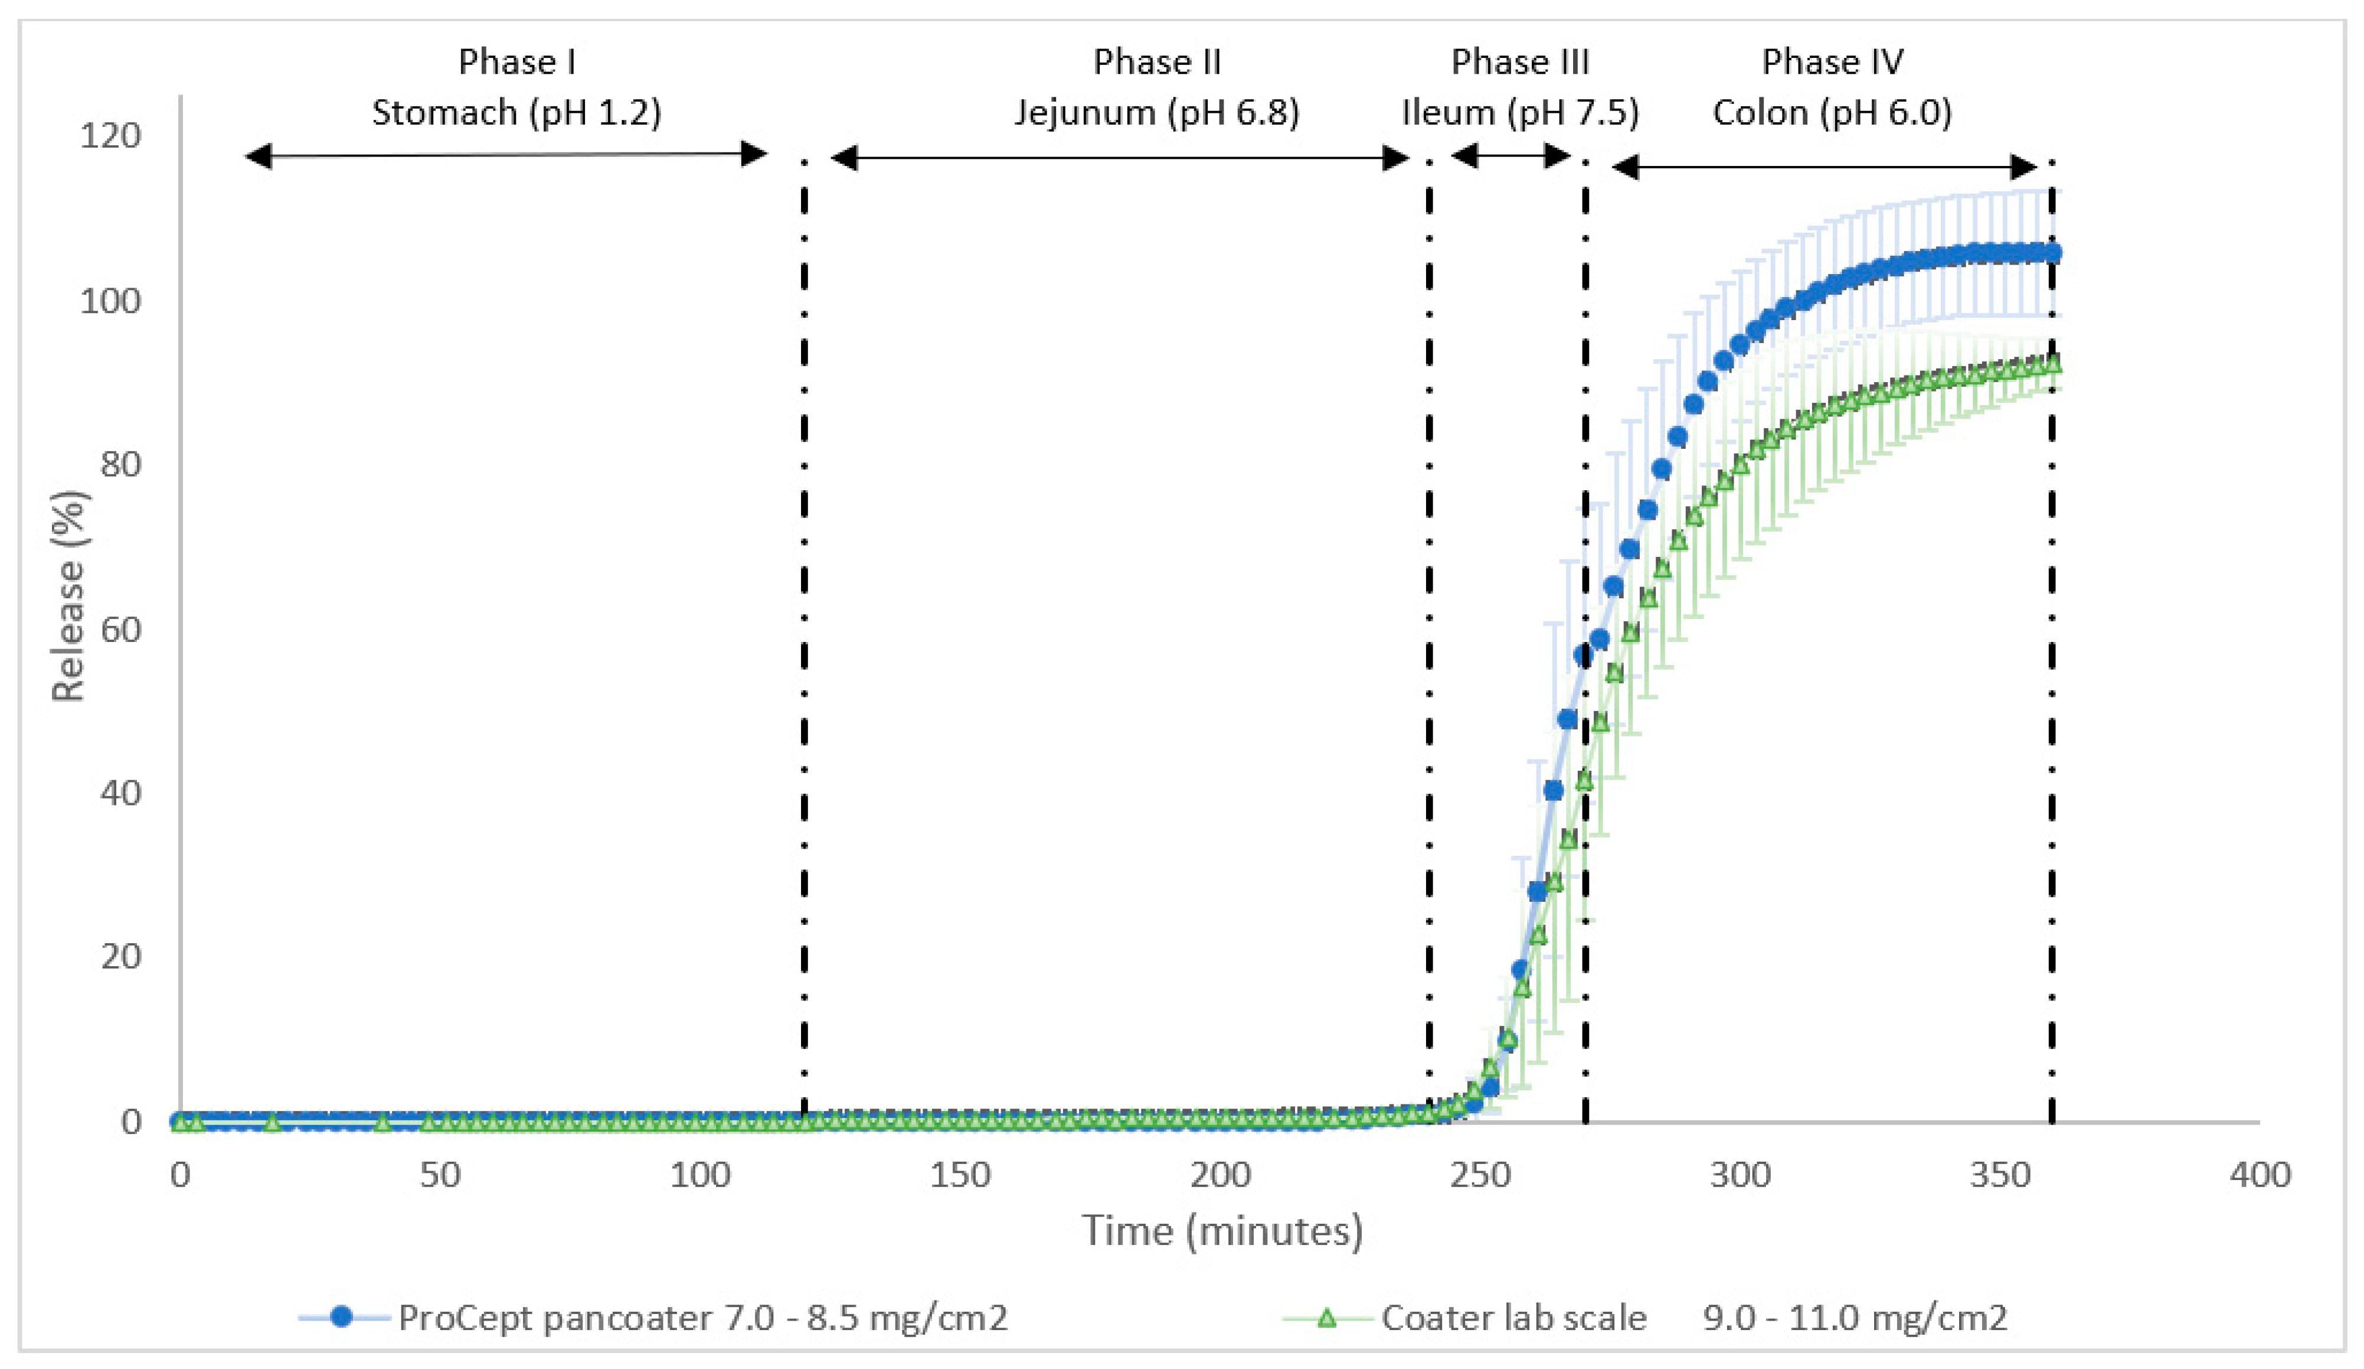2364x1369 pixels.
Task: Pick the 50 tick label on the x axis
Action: coord(439,1175)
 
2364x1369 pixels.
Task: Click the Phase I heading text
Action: coord(517,62)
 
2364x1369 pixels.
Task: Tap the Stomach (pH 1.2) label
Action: coord(517,113)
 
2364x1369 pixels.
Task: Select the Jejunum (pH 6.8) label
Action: coord(1157,113)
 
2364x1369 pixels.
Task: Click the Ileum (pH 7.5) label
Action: coord(1520,113)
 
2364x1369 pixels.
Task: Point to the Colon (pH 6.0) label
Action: coord(1832,113)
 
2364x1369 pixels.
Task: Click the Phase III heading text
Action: coord(1520,62)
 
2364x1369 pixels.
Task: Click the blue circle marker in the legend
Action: coord(342,1318)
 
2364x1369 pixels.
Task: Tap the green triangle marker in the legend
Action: coord(1326,1318)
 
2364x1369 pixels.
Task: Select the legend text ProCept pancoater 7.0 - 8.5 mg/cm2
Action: coord(702,1318)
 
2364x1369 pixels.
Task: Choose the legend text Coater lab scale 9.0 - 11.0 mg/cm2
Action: coord(1693,1318)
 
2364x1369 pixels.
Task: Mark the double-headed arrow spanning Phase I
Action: coord(506,155)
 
